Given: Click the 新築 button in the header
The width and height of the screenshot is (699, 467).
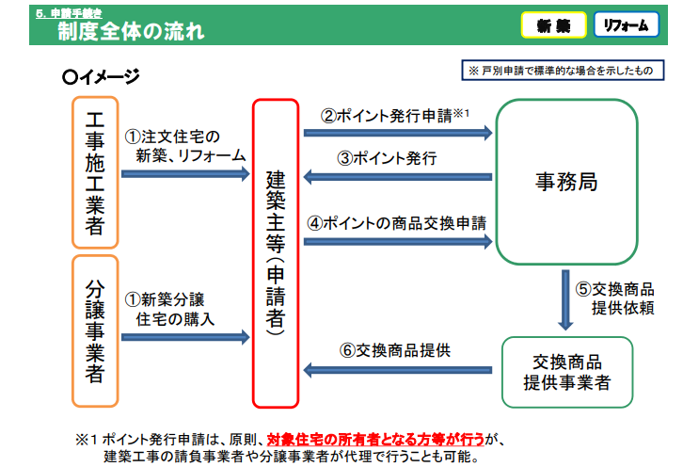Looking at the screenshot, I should [554, 25].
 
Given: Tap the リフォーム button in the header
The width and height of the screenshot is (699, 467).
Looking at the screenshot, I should [626, 25].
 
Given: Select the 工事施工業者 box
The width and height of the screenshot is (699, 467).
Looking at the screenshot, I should [95, 171].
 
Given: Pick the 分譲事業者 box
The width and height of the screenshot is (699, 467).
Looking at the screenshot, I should [95, 330].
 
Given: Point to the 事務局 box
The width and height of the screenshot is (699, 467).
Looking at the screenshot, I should [566, 181].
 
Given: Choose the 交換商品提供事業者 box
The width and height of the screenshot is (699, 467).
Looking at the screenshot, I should [566, 372].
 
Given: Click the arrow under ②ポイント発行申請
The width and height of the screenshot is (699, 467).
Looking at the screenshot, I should [398, 134].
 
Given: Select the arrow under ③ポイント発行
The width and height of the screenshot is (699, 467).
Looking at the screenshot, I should [398, 176].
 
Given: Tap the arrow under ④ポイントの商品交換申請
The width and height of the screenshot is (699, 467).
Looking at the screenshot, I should [398, 242].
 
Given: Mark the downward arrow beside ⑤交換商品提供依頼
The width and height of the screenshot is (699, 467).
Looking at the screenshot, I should [566, 298].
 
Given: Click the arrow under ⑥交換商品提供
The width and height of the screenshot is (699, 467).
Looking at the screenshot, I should [398, 369].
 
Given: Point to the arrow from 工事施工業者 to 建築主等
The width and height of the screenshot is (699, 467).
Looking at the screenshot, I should [185, 173].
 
